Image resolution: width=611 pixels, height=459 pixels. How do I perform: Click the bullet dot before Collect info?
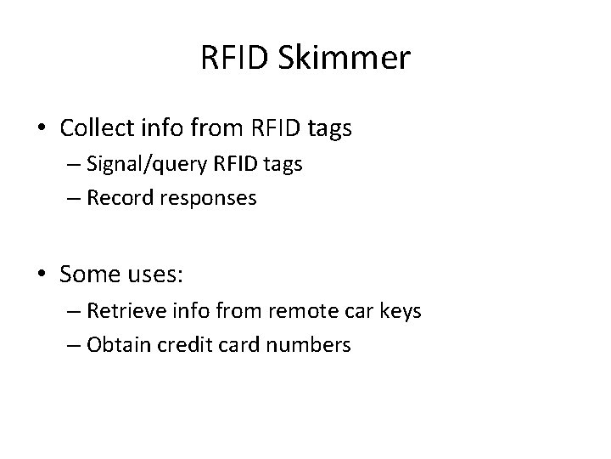point(43,130)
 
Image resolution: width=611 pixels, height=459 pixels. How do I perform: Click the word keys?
point(400,311)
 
